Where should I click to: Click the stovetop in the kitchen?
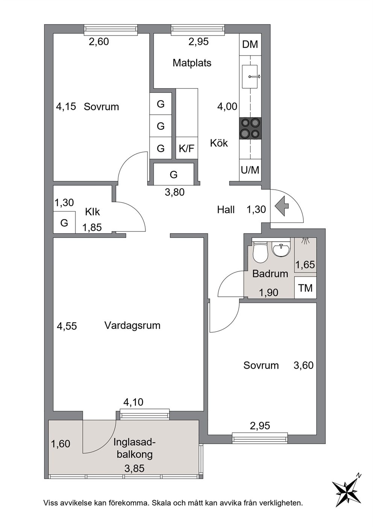point(250,128)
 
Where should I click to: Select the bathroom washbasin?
point(281,249)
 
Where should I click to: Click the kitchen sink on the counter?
point(250,77)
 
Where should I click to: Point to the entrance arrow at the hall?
point(282,206)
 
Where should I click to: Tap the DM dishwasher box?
point(250,44)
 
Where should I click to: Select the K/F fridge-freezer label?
point(187,148)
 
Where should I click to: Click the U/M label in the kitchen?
point(250,170)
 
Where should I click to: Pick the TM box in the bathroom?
point(305,288)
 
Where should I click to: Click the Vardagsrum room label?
point(132,325)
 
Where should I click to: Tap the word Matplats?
point(192,63)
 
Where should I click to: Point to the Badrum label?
point(270,274)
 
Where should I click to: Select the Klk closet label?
point(92,212)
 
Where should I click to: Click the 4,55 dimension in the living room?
point(67,326)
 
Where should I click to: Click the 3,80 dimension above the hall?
point(174,192)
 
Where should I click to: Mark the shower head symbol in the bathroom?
point(305,240)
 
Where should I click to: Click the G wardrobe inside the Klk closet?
point(64,222)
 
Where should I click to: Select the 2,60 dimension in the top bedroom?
point(99,42)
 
